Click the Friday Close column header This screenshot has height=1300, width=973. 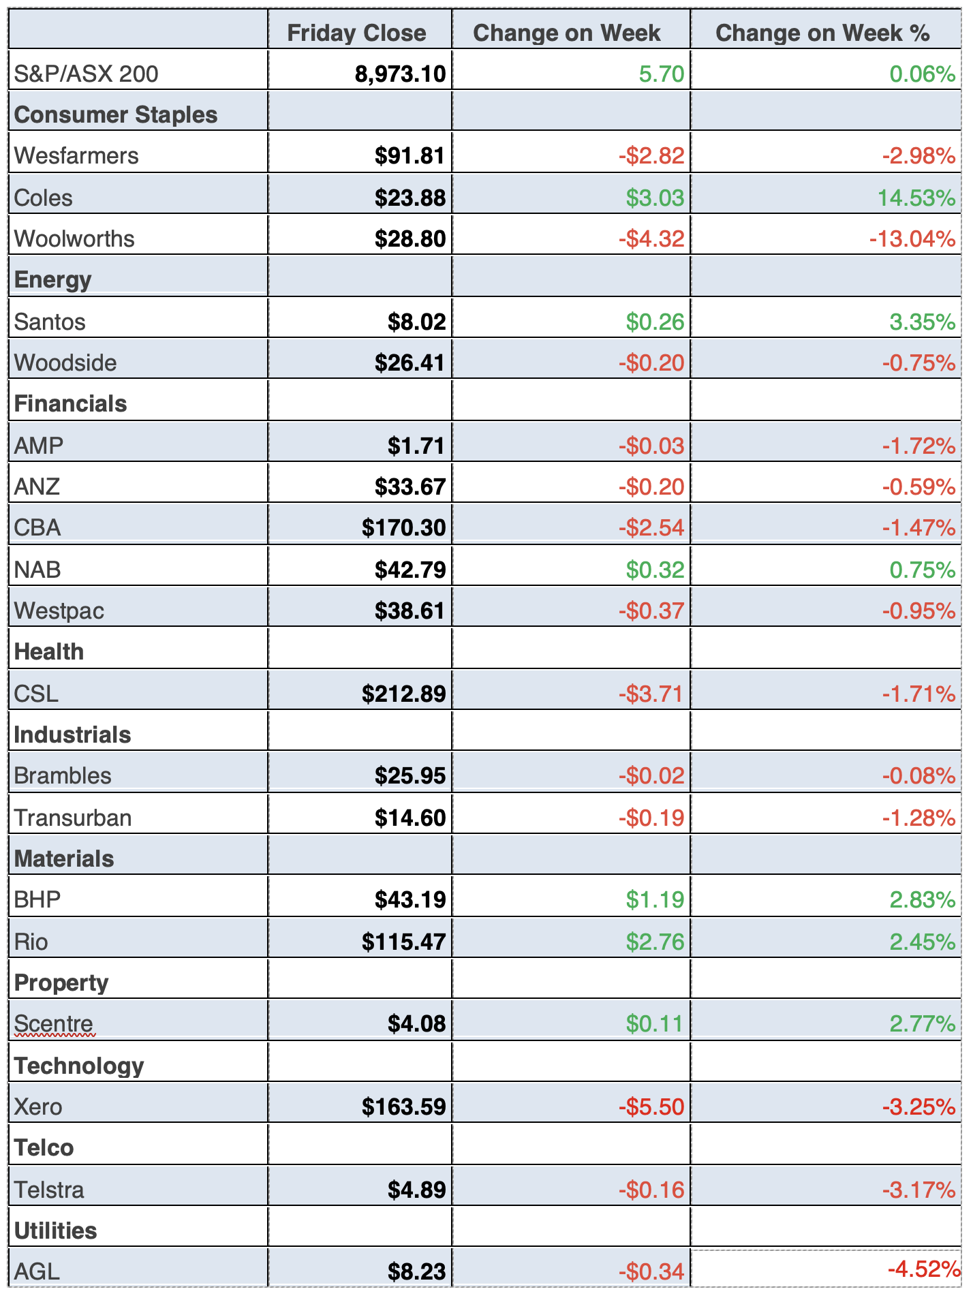[x=356, y=33]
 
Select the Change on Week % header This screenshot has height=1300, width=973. [x=822, y=33]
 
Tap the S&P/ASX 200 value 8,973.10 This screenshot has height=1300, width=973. [x=400, y=74]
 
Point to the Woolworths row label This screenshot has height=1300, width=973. [x=74, y=239]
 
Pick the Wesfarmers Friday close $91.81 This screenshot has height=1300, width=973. [x=410, y=156]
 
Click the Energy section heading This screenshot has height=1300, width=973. [x=52, y=280]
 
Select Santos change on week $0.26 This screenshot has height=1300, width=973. [x=655, y=322]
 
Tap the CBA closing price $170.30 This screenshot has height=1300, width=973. [x=403, y=528]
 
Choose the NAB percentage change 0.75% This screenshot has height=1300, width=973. [x=922, y=570]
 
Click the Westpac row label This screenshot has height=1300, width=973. [x=59, y=611]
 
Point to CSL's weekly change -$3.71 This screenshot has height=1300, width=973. [x=651, y=694]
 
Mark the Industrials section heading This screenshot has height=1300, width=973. [x=72, y=735]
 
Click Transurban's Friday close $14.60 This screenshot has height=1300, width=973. [x=410, y=818]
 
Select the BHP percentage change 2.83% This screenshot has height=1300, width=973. [x=922, y=900]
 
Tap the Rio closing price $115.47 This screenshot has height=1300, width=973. [x=403, y=942]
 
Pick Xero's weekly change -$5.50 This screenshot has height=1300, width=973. [x=651, y=1106]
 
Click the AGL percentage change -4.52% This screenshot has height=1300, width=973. [x=923, y=1269]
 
